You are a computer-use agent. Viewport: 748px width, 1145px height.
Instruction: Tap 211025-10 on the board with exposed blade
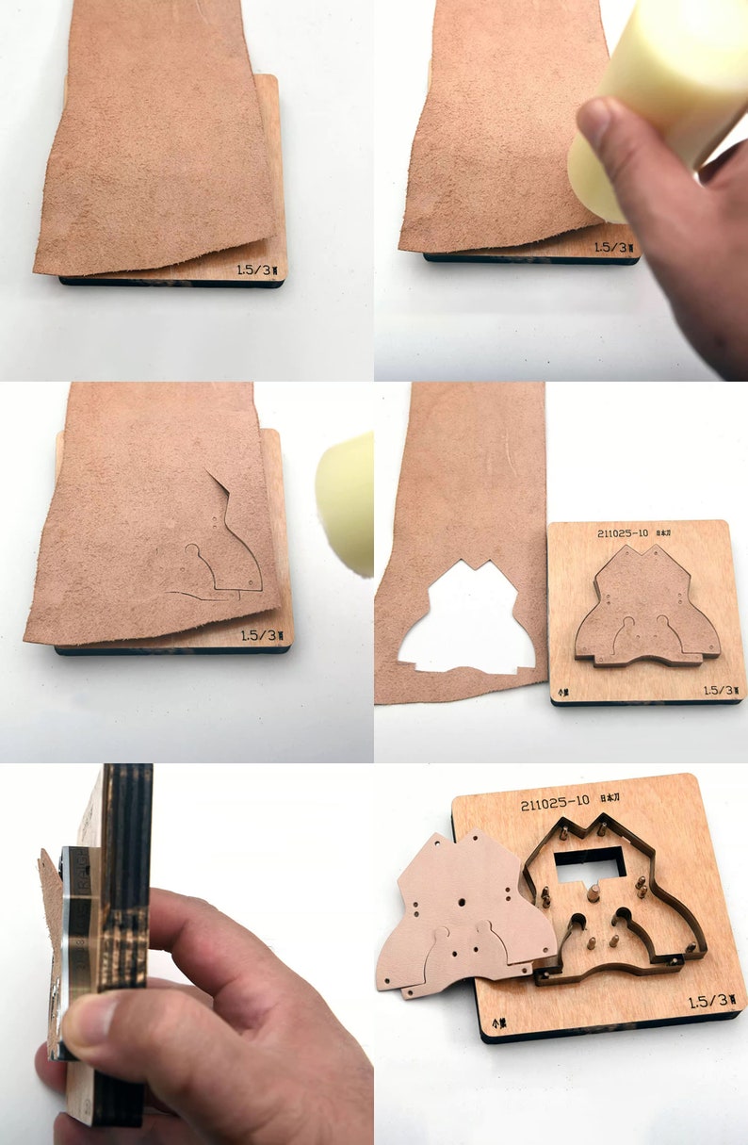click(x=556, y=804)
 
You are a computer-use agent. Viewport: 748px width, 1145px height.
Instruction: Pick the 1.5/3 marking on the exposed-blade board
click(x=712, y=1002)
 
